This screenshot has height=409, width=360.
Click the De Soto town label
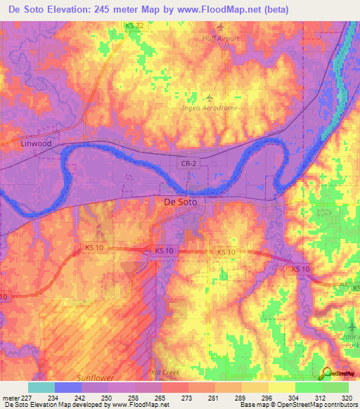coord(181,202)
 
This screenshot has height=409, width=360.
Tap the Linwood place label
coord(36,143)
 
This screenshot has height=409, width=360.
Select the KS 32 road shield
coord(134,25)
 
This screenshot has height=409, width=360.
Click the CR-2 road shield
coord(187,163)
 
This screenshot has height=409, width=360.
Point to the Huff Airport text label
coord(220,39)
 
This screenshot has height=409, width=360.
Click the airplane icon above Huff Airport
coord(221,27)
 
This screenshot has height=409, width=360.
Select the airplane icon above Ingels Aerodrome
coord(209,96)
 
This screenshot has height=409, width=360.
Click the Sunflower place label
coord(96,377)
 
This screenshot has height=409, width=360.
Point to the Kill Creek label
coord(166,372)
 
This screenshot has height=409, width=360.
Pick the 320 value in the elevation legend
coord(345,396)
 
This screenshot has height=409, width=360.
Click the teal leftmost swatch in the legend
coord(41,387)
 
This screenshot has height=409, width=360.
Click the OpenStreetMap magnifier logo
coord(326,373)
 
